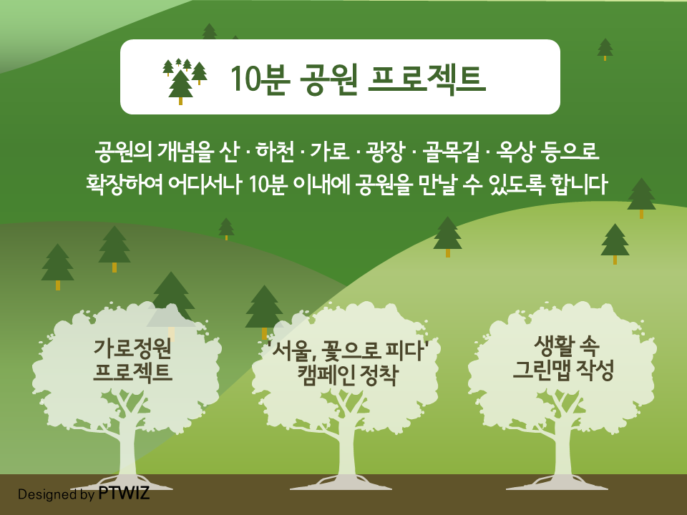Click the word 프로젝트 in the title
click(x=427, y=79)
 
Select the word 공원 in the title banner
click(x=328, y=79)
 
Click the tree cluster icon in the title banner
click(x=185, y=82)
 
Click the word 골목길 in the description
click(x=451, y=152)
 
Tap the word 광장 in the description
click(x=385, y=152)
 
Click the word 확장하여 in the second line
click(x=125, y=184)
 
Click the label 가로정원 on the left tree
click(x=132, y=348)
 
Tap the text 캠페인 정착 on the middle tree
click(x=348, y=375)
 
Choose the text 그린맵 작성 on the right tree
click(x=563, y=370)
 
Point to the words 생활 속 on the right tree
click(x=566, y=346)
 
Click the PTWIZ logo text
click(x=124, y=493)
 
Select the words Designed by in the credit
click(x=56, y=494)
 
